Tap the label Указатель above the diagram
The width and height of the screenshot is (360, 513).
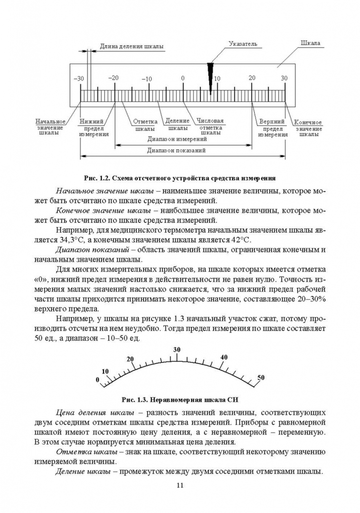(x=242, y=44)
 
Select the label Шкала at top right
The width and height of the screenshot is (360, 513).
(x=310, y=43)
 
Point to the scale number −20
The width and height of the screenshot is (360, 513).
(x=114, y=77)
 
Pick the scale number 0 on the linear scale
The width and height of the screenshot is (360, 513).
(x=183, y=78)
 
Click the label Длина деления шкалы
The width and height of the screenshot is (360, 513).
(x=132, y=47)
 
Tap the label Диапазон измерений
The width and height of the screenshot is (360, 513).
(x=177, y=140)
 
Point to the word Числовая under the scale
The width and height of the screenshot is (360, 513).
(x=210, y=121)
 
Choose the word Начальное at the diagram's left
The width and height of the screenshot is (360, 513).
(x=50, y=121)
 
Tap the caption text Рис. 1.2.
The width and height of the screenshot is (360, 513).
(x=96, y=178)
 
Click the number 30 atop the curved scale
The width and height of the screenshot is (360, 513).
(x=177, y=350)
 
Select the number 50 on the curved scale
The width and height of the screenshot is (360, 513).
(x=261, y=377)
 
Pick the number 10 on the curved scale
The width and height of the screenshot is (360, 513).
(x=105, y=371)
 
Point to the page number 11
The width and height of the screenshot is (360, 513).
(x=180, y=485)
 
